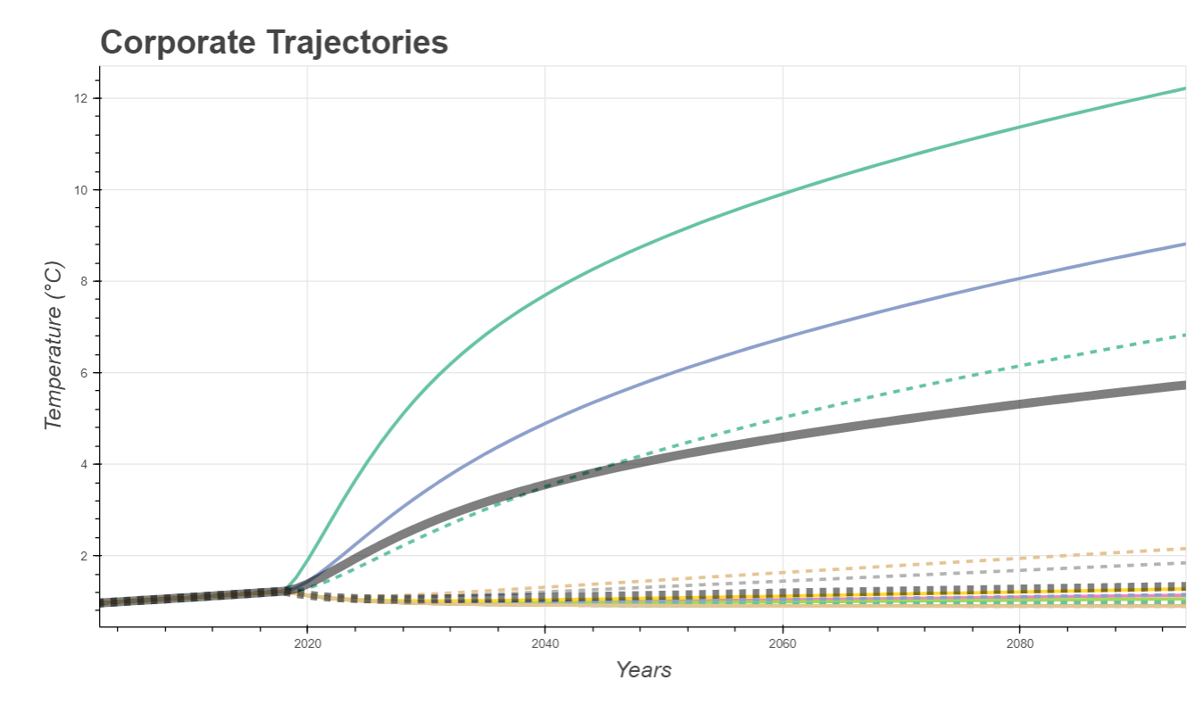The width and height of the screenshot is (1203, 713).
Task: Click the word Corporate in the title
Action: pos(178,43)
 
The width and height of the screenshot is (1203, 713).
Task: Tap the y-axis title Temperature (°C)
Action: pos(54,345)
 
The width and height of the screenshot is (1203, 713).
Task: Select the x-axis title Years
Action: pos(643,669)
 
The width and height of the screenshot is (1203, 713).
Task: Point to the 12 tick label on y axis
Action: pos(80,98)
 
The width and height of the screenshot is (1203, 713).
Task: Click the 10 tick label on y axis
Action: pos(80,190)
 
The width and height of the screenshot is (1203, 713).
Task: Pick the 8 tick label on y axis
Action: pos(84,281)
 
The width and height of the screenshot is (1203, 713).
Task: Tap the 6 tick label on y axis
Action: pos(84,373)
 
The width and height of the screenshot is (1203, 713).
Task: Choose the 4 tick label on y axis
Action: pos(84,464)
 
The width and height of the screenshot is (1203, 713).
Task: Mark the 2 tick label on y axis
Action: pos(84,556)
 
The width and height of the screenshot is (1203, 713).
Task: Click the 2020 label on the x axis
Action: pos(307,643)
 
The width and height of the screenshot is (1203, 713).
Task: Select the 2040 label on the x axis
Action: pos(545,643)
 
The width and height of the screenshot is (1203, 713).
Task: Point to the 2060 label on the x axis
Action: pos(783,643)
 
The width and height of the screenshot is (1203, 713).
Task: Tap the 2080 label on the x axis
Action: pos(1020,643)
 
